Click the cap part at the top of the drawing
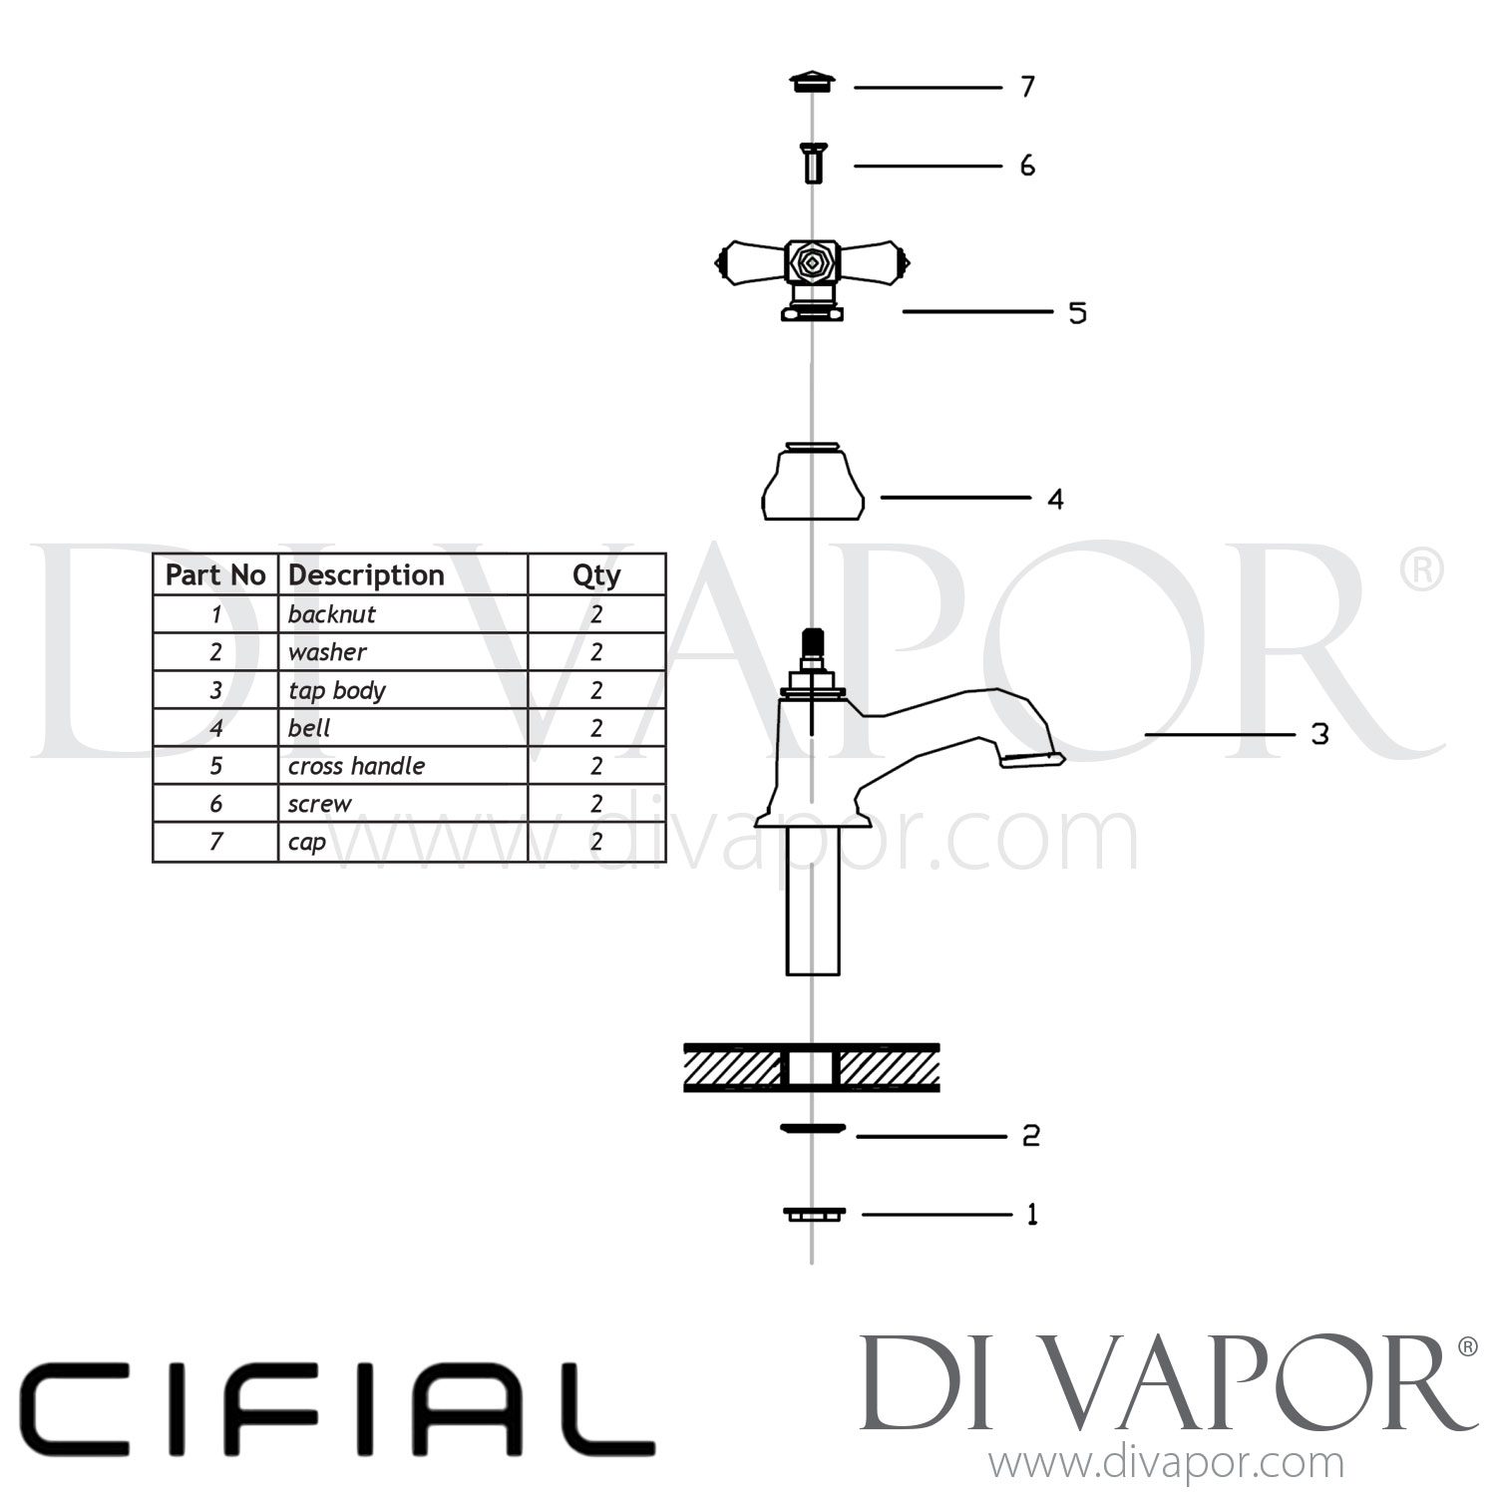coord(812,83)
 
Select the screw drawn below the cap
coord(813,164)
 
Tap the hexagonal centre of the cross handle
coord(812,263)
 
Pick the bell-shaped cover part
coord(812,485)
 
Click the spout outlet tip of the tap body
coord(1033,761)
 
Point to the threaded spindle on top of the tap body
coord(813,648)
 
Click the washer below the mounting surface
coord(812,1129)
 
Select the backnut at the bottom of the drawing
coord(813,1214)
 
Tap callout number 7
coord(1028,88)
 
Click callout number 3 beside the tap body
coord(1319,735)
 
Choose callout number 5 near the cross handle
coord(1077,313)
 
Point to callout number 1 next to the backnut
coord(1032,1215)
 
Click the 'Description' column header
coord(366,575)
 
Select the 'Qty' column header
coord(596,575)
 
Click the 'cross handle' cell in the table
coord(357,766)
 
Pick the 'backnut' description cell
coord(332,614)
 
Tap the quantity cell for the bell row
coord(596,728)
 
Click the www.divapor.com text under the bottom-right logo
coord(1166,1464)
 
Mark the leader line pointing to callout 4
coord(954,497)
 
